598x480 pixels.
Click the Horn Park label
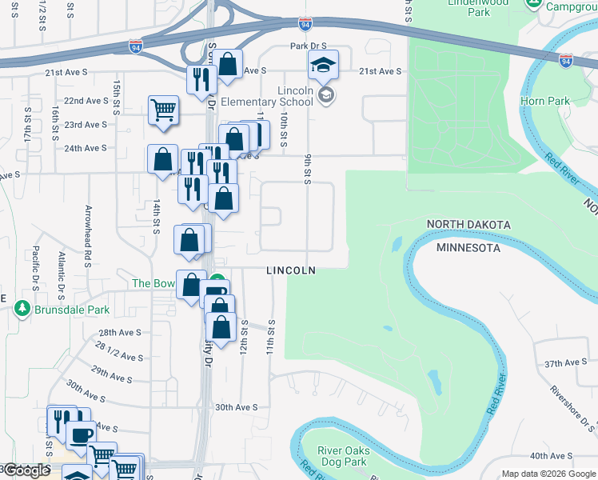click(544, 101)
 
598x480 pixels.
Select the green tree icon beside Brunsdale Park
click(22, 306)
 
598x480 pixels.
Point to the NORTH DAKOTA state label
click(468, 223)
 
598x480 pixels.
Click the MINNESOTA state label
click(468, 248)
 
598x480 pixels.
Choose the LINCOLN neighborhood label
click(291, 271)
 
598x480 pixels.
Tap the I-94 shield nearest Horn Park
click(566, 61)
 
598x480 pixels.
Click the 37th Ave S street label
click(564, 362)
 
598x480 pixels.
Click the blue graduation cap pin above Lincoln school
click(323, 64)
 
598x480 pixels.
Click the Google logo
click(26, 470)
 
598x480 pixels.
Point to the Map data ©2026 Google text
click(548, 474)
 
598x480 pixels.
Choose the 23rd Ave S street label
click(86, 125)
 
